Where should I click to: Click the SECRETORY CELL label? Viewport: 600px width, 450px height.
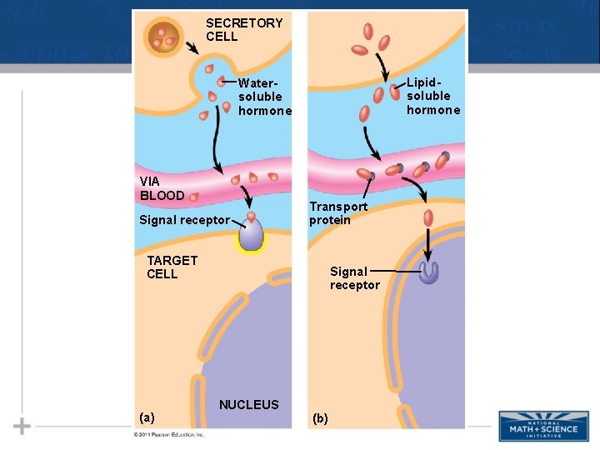tap(244, 29)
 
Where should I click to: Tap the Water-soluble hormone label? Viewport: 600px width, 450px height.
tap(265, 97)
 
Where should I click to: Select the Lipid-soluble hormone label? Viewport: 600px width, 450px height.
tap(433, 96)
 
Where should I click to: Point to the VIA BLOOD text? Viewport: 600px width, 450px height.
tap(162, 187)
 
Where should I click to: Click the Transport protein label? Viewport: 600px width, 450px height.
tap(338, 212)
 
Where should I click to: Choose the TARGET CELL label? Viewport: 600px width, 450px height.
tap(172, 267)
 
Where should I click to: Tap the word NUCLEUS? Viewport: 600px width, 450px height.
tap(248, 405)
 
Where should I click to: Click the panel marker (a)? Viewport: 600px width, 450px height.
tap(147, 417)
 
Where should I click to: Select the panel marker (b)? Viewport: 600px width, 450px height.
tap(320, 417)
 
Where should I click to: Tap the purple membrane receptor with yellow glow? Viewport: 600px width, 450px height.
tap(251, 234)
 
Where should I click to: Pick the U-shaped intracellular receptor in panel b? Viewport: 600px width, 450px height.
tap(429, 272)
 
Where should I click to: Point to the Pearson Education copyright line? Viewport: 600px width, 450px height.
tap(169, 435)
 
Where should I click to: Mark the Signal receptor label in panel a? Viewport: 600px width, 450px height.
tap(184, 220)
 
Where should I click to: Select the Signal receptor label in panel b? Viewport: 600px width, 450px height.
tap(354, 277)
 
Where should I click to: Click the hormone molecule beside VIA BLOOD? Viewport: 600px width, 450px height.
tap(194, 197)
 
